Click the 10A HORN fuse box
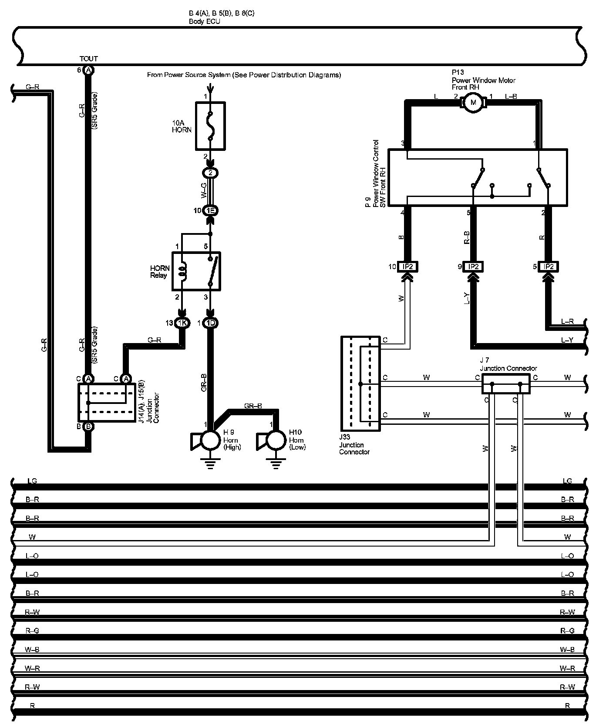210,126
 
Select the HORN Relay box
196,271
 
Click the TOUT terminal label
89,59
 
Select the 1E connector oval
210,211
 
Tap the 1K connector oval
182,323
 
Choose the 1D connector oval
211,323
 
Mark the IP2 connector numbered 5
549,267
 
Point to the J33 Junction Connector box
360,383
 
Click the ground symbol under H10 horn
276,465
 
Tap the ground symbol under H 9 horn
210,465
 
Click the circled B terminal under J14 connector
88,427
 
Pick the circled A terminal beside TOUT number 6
88,70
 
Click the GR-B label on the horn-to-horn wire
253,406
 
